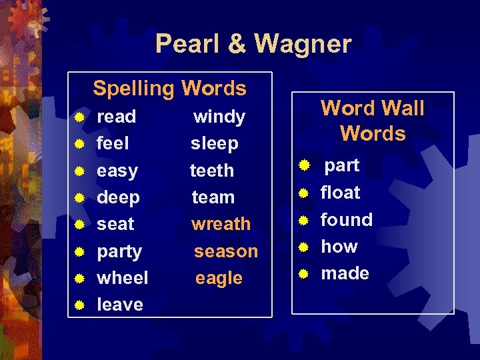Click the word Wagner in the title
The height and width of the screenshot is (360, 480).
pos(302,44)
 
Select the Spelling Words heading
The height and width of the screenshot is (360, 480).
pos(169,88)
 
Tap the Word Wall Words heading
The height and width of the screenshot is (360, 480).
pos(373,121)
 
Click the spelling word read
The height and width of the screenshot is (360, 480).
pos(116,117)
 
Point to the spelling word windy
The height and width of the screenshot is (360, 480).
pos(219,117)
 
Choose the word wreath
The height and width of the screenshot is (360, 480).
pos(221,224)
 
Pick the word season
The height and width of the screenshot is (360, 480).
pos(225,251)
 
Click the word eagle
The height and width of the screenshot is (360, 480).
pos(219,279)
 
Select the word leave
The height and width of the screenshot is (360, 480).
pos(120,305)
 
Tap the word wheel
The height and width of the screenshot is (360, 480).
pos(123,278)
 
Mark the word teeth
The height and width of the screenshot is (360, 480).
pos(211,171)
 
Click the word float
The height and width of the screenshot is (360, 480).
pos(340,193)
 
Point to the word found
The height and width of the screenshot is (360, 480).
pos(347,219)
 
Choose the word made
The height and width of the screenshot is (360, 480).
pos(345,273)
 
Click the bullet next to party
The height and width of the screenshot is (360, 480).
pos(79,252)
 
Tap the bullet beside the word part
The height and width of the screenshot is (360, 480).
pos(303,164)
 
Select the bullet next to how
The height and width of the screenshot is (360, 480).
pos(303,247)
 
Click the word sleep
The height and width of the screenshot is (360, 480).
pos(214,143)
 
